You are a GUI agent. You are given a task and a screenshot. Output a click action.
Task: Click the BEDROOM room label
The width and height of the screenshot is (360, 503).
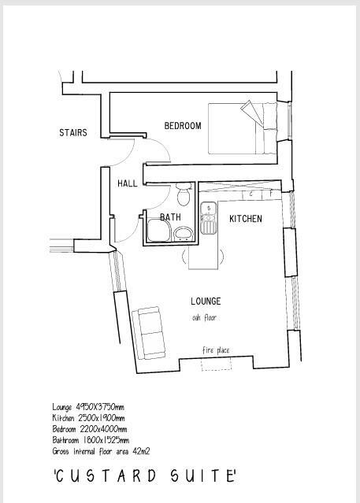(182, 126)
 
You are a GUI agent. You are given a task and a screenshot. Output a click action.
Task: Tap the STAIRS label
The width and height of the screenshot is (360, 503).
(72, 133)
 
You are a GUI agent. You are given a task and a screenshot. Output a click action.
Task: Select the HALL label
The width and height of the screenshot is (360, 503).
(127, 183)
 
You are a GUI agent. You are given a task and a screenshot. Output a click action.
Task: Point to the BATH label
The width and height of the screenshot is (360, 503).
(170, 217)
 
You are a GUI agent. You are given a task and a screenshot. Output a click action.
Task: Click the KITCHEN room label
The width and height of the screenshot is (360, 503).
(245, 219)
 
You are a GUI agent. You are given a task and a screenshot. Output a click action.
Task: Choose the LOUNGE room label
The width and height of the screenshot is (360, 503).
(206, 301)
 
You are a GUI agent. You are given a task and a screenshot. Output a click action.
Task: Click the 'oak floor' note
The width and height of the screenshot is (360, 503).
(204, 318)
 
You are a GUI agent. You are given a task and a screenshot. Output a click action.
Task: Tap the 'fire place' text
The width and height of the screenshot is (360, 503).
(216, 350)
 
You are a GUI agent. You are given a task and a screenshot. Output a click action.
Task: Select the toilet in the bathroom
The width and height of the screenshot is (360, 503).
(184, 193)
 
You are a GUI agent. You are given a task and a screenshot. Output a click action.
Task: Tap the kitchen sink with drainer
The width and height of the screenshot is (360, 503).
(208, 218)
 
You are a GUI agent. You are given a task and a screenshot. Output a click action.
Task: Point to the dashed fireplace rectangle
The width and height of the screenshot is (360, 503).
(216, 362)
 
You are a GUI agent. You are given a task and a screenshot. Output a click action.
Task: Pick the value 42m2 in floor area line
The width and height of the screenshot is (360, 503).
(140, 452)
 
